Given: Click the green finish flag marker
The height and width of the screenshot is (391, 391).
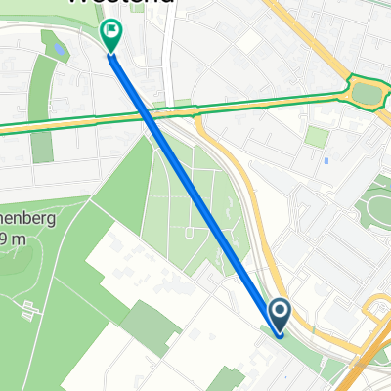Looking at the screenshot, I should click(x=112, y=36).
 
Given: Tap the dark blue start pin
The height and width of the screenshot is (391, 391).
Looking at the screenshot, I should click(x=279, y=315).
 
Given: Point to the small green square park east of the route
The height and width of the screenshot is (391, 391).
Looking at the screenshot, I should click(x=315, y=136).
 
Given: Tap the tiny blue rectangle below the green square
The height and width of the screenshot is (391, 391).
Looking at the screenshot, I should click(x=326, y=160).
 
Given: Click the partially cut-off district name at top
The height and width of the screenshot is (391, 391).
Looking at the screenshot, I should click(x=122, y=3).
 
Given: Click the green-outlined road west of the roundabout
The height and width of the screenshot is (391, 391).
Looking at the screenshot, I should click(x=254, y=101).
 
